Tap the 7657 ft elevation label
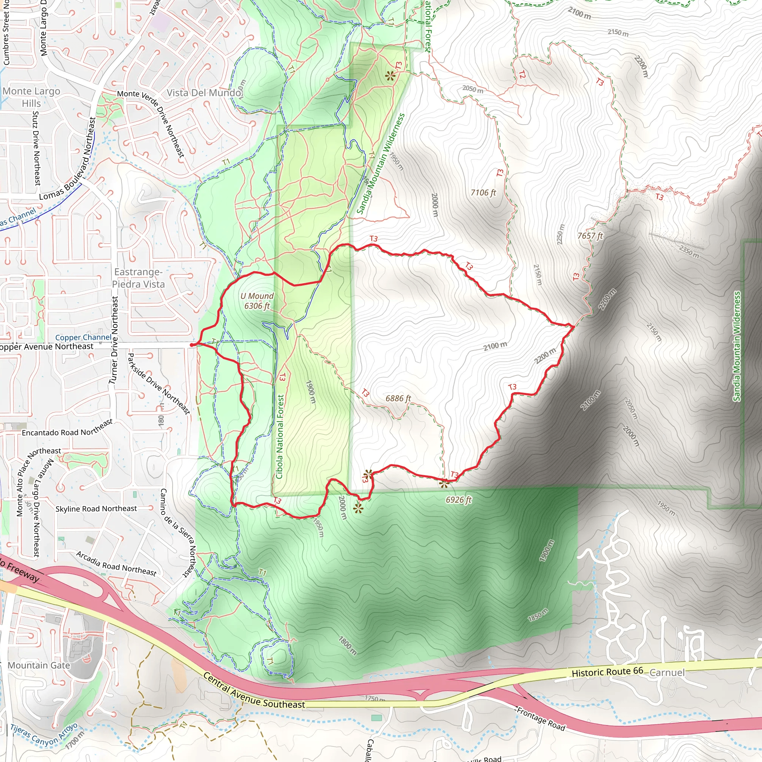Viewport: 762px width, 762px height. coord(590,236)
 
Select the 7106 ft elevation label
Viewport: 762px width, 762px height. coord(483,192)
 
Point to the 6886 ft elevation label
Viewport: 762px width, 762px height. coord(398,398)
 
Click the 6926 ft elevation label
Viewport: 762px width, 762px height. coord(459,500)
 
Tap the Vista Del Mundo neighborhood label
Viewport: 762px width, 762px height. coord(204,93)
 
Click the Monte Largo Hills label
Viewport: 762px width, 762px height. coord(32,97)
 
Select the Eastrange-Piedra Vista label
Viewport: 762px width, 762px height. coord(138,278)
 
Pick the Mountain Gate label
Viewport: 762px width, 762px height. coord(39,665)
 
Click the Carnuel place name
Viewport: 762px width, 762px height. coord(667,672)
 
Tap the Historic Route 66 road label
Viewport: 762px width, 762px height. coord(607,672)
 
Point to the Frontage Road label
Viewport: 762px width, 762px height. coord(541,718)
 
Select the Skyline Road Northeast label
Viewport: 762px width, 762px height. coord(96,509)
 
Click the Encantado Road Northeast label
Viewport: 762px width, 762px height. coord(67,428)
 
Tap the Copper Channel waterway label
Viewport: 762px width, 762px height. coord(83,337)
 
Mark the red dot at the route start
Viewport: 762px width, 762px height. coord(192,345)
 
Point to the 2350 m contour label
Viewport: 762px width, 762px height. coord(689,252)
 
